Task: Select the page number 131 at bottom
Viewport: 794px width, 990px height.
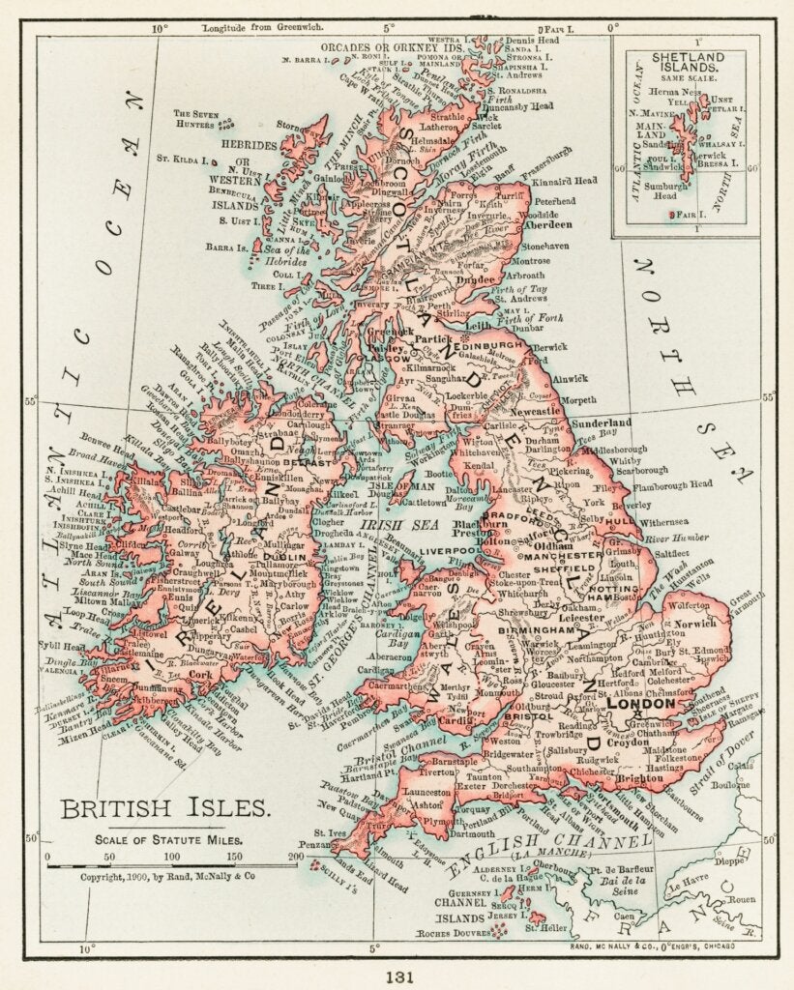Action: [x=397, y=975]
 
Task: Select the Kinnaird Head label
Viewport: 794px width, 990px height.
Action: [x=592, y=181]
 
